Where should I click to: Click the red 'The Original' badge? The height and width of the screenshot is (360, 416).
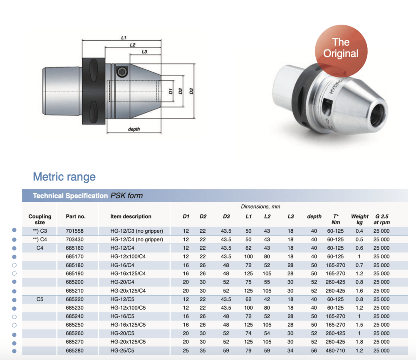click(x=341, y=48)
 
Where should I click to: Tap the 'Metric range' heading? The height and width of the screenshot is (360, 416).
click(x=64, y=176)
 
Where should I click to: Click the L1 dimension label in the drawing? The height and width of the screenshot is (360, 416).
click(x=124, y=37)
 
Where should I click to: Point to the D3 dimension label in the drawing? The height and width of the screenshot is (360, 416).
click(x=191, y=91)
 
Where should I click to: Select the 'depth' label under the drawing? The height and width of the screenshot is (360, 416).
click(x=134, y=129)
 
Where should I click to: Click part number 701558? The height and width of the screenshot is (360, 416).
click(x=74, y=231)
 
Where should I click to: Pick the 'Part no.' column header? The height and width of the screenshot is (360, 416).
click(x=76, y=216)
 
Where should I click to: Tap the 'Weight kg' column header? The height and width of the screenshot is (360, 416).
click(x=359, y=219)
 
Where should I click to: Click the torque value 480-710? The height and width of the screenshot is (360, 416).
click(x=335, y=350)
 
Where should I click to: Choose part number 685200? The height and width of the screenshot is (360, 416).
click(x=74, y=282)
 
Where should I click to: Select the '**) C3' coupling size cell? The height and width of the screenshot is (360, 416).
click(x=40, y=231)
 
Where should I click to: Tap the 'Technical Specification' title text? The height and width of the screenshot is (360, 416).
click(x=70, y=196)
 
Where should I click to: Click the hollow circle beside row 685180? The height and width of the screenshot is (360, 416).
click(x=14, y=265)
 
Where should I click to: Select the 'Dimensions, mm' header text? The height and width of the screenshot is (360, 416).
click(x=260, y=206)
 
